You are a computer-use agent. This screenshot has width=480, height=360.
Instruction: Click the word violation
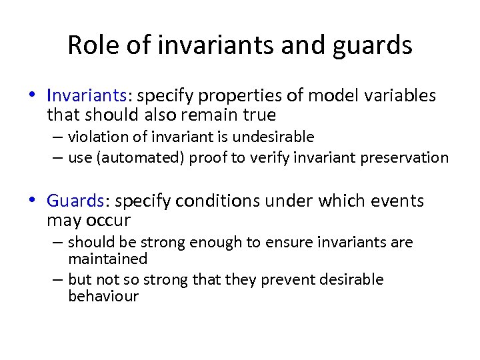pyautogui.click(x=97, y=137)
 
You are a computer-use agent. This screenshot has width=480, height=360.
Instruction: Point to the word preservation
pyautogui.click(x=408, y=158)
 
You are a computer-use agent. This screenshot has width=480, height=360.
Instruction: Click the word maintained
pyautogui.click(x=107, y=258)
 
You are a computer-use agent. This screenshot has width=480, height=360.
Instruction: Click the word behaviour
pyautogui.click(x=103, y=296)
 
